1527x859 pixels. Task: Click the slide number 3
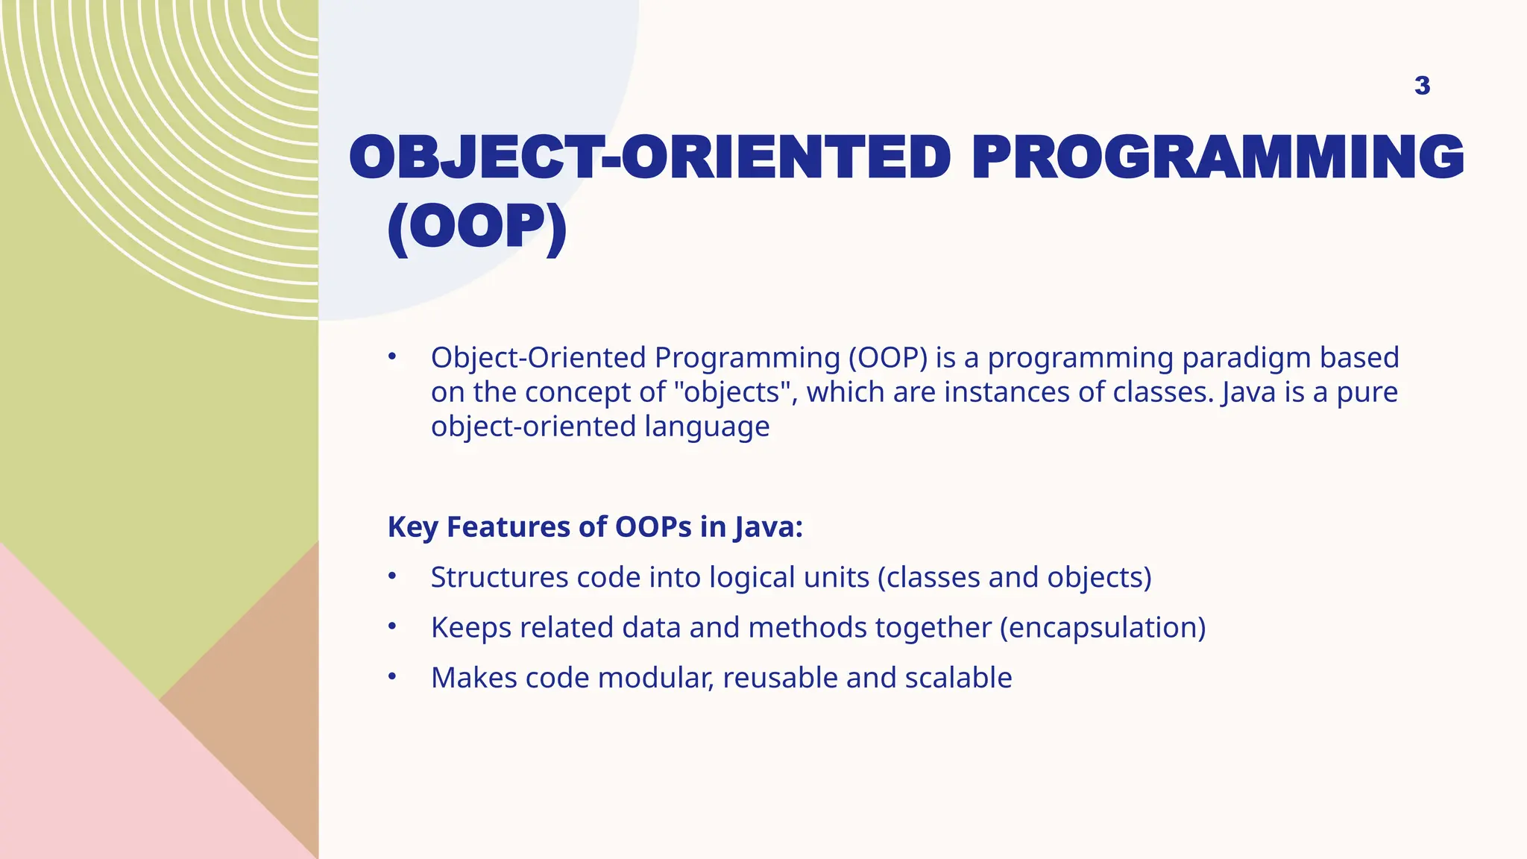coord(1422,86)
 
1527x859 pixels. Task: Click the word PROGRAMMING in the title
coord(1218,157)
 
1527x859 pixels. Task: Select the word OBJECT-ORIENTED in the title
coord(649,157)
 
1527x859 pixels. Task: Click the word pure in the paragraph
coord(1367,392)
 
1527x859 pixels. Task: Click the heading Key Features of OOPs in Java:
coord(595,527)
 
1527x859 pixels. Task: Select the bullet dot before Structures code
coord(392,576)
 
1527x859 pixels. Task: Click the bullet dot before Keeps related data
coord(392,626)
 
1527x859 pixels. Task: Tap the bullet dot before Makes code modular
coord(392,676)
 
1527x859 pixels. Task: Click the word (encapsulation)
coord(1102,628)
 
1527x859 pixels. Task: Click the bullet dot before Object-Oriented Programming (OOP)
coord(392,357)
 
